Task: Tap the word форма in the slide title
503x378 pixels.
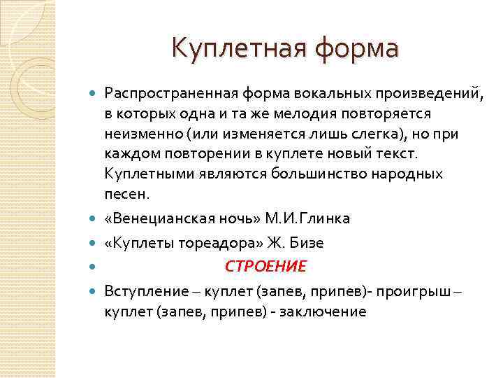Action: coord(356,48)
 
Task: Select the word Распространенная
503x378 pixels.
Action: coord(171,93)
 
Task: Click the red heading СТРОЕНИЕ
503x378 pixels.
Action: coord(265,267)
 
